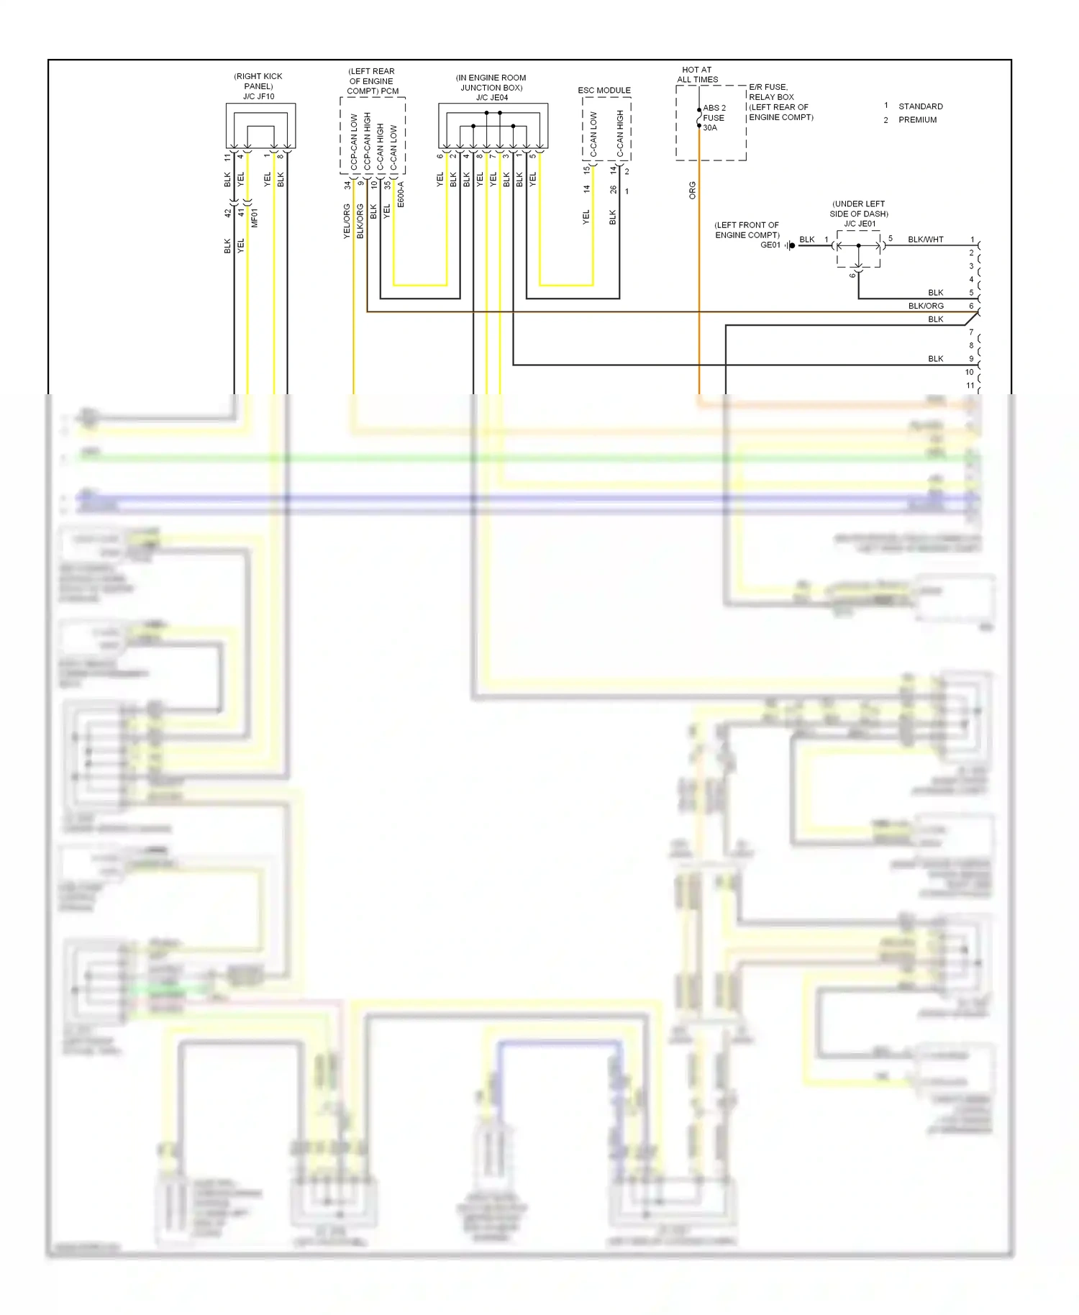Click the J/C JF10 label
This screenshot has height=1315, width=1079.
click(258, 96)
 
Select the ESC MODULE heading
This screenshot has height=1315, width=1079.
click(604, 91)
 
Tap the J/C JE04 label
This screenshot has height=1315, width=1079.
click(492, 98)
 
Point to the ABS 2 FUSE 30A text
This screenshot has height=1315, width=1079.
click(714, 118)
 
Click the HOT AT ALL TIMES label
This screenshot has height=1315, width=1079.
click(697, 75)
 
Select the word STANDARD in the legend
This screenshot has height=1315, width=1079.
click(920, 106)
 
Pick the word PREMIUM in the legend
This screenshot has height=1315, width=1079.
click(917, 120)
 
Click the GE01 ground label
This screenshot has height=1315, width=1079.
click(770, 245)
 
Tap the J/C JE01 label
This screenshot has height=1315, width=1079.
click(860, 224)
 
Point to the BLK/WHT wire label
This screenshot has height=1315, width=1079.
click(925, 240)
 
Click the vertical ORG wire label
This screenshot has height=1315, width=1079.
click(693, 191)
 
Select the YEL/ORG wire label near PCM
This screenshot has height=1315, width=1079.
click(347, 221)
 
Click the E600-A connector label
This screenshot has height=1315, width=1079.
click(401, 194)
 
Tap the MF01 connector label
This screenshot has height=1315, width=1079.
click(255, 218)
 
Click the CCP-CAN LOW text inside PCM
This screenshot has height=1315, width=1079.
click(354, 142)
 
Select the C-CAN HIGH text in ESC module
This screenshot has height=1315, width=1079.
click(620, 133)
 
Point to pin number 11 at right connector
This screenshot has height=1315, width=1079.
click(970, 386)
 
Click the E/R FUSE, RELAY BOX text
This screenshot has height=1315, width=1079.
click(771, 92)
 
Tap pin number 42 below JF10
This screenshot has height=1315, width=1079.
click(227, 213)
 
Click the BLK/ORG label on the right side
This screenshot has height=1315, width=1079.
click(925, 306)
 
